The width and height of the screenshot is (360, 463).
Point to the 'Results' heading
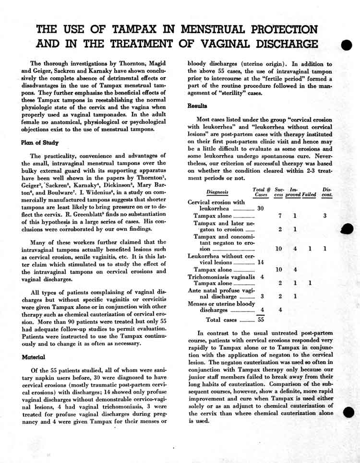197,106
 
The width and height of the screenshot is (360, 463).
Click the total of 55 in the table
261,319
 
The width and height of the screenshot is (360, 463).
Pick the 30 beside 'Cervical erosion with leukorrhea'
261,208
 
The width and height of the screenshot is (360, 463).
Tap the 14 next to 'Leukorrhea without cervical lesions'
261,262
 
